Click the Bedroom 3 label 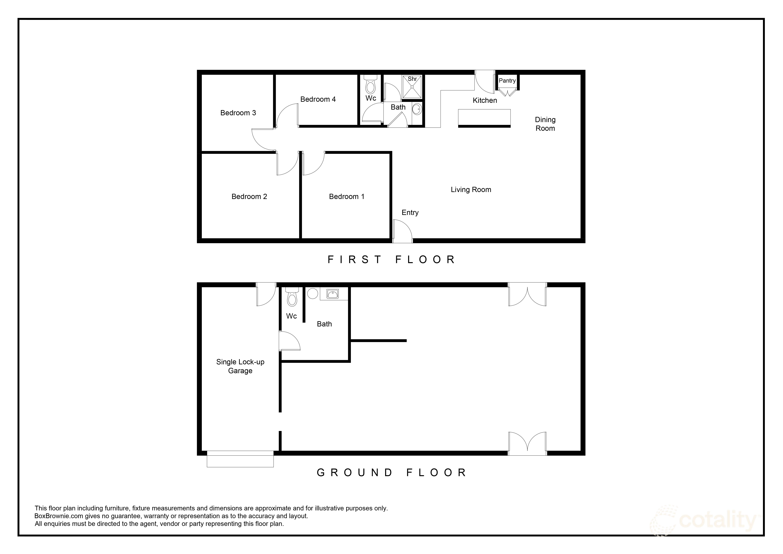pos(238,113)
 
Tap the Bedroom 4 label pos(318,99)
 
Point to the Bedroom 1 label pos(346,197)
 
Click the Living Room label pos(471,190)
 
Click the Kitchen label pos(485,100)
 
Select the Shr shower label pos(412,79)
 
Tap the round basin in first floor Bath pos(417,110)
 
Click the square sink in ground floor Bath pos(333,294)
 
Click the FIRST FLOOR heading pos(391,260)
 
